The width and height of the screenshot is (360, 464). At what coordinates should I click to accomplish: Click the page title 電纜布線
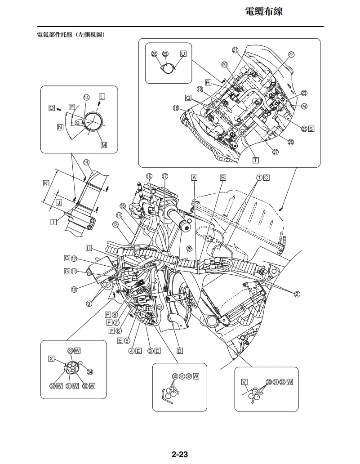click(263, 12)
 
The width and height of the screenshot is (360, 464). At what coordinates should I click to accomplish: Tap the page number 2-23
click(179, 454)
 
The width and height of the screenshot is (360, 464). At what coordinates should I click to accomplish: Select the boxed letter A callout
click(194, 178)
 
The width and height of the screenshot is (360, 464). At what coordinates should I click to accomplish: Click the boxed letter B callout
click(222, 178)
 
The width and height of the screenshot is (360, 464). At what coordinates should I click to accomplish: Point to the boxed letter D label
click(179, 351)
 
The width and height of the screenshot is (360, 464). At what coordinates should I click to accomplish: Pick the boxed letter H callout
click(89, 248)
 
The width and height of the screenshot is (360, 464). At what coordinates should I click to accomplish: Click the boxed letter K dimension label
click(46, 183)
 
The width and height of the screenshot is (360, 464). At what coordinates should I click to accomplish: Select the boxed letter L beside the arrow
click(102, 97)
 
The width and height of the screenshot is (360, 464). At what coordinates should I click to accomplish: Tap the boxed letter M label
click(104, 145)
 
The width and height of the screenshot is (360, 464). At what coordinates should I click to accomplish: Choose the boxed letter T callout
click(256, 160)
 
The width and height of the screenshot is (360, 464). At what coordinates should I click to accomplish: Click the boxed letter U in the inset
click(183, 54)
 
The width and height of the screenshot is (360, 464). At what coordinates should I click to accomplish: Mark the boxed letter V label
click(244, 382)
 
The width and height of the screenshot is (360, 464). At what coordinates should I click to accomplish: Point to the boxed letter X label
click(51, 359)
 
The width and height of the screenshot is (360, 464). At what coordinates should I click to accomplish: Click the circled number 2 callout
click(297, 294)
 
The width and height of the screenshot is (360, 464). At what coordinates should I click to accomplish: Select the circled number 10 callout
click(74, 290)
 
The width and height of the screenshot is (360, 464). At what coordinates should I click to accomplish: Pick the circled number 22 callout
click(291, 54)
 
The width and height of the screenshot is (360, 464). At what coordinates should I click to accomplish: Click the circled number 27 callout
click(276, 152)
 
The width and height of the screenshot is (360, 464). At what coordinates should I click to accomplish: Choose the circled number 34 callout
click(90, 371)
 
